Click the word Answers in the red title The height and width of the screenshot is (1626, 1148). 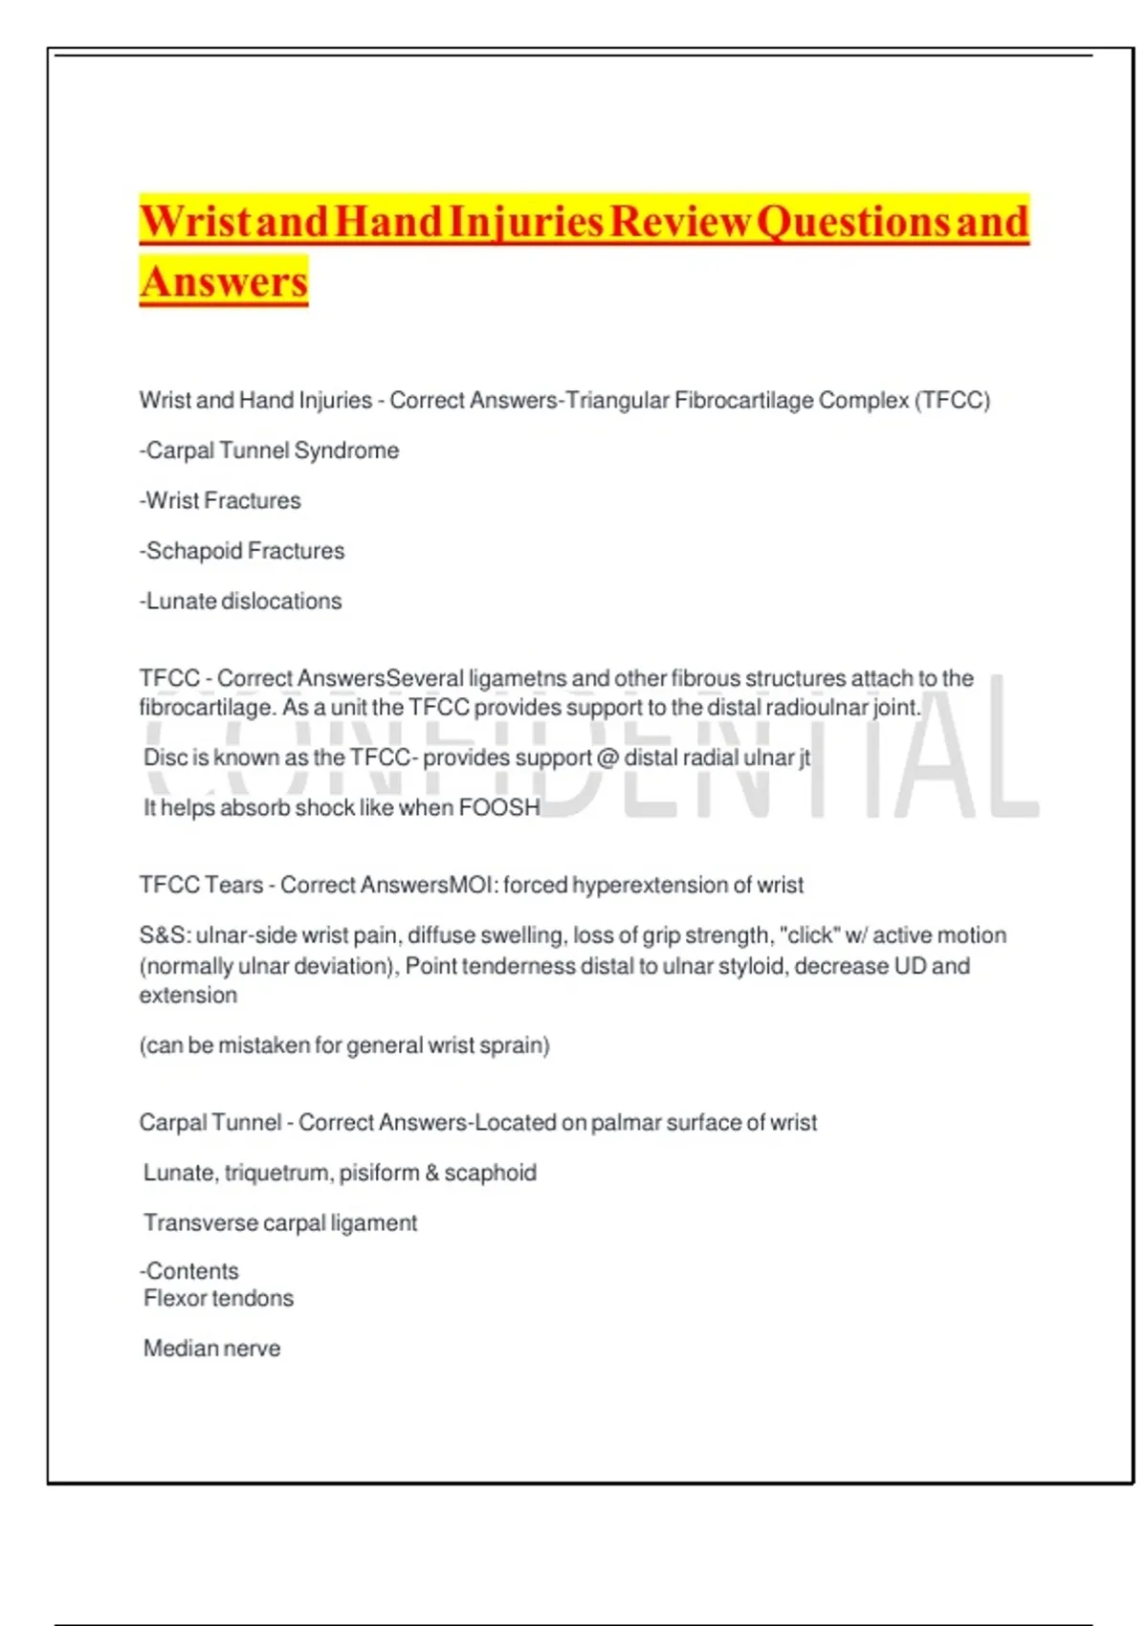[x=224, y=281]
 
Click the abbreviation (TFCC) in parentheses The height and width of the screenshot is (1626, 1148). [x=953, y=400]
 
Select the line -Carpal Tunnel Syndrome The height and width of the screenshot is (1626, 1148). [x=270, y=450]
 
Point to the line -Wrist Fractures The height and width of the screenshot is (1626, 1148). [x=221, y=500]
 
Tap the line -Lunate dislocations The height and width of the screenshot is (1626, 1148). [x=241, y=601]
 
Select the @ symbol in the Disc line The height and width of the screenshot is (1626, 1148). [x=607, y=758]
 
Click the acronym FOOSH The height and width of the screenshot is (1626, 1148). [x=499, y=807]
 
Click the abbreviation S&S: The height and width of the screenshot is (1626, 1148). [x=165, y=935]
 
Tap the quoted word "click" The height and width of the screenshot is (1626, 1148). [x=809, y=935]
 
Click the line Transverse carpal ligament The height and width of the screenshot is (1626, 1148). [x=280, y=1222]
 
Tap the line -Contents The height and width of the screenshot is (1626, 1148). [x=189, y=1271]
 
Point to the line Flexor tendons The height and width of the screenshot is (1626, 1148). [x=218, y=1298]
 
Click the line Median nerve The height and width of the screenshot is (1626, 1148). [x=211, y=1349]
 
